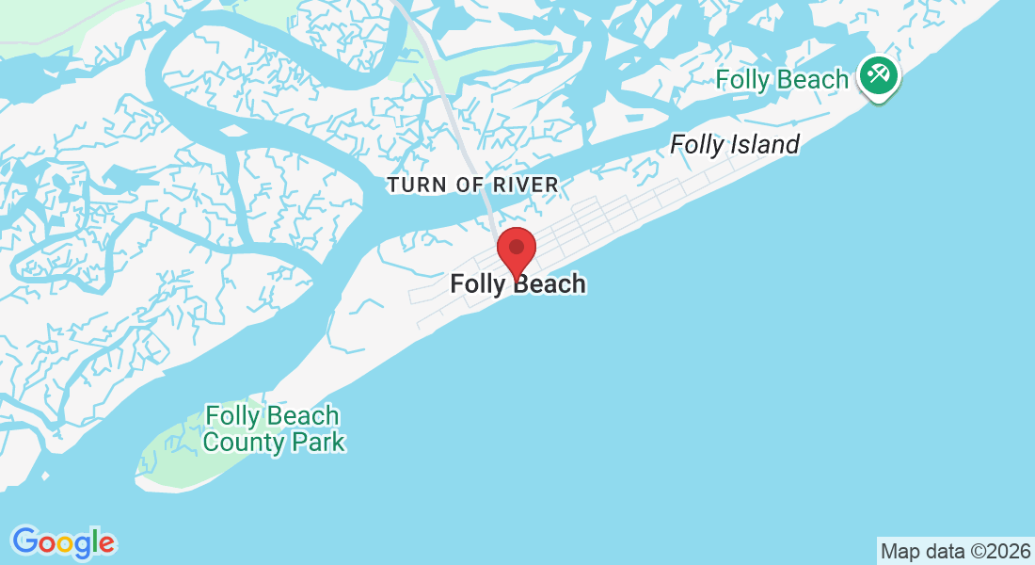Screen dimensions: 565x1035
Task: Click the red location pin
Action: coord(516,249)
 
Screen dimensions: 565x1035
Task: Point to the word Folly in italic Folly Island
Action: coord(697,145)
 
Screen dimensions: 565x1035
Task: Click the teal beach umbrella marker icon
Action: coord(879,74)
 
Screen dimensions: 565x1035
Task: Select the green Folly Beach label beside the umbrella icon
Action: coord(782,80)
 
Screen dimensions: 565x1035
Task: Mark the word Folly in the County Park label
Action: coord(232,416)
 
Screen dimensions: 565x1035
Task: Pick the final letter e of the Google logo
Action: coord(106,543)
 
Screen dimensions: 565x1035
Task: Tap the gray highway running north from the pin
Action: coord(461,122)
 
